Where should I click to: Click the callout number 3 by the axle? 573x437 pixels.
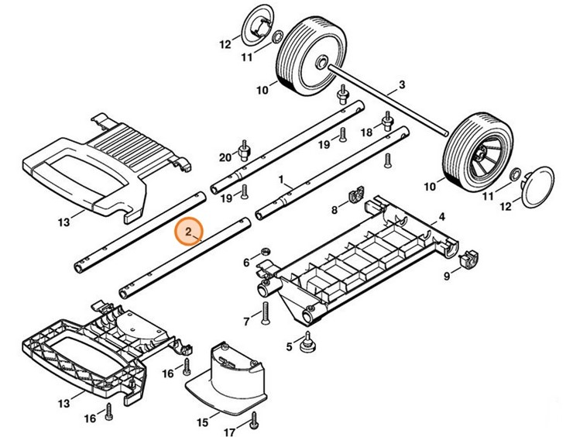pyautogui.click(x=402, y=84)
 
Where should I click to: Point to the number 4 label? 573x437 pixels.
pyautogui.click(x=441, y=217)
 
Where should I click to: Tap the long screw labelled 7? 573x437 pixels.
pyautogui.click(x=266, y=312)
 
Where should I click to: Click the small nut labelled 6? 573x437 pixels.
pyautogui.click(x=264, y=252)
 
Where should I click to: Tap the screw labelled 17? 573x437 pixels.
pyautogui.click(x=253, y=422)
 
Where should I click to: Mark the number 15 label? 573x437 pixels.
pyautogui.click(x=203, y=423)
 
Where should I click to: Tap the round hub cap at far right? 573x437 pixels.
pyautogui.click(x=537, y=186)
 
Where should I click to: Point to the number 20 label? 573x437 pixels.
pyautogui.click(x=225, y=157)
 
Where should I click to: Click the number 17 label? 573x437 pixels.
pyautogui.click(x=229, y=432)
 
